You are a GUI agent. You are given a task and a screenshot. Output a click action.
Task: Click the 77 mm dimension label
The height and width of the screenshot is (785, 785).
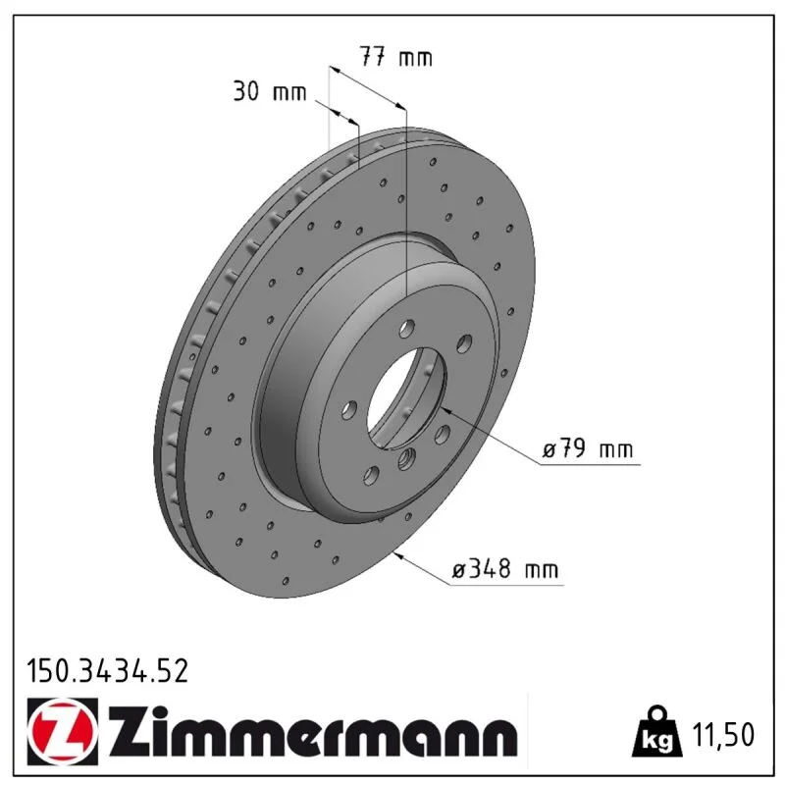coord(396,57)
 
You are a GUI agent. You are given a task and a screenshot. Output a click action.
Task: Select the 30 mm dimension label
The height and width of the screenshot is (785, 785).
coord(269,91)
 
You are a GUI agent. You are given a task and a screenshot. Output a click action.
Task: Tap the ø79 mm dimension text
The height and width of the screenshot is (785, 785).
coord(588,448)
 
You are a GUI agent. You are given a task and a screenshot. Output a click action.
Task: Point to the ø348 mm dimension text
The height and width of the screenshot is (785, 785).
coord(504,569)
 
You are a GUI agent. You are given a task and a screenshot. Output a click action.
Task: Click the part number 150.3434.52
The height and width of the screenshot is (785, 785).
coord(108,671)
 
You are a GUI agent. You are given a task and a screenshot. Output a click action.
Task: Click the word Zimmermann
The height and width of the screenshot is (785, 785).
coord(313,732)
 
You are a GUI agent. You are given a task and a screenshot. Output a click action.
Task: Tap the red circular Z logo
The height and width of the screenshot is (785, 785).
coord(63,731)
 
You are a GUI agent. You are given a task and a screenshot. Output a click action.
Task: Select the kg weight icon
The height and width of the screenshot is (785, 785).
coord(657,733)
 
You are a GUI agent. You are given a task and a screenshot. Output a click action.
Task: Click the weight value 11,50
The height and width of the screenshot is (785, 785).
coord(722,735)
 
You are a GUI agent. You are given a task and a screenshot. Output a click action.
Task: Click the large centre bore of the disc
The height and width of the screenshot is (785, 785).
coord(405,398)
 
